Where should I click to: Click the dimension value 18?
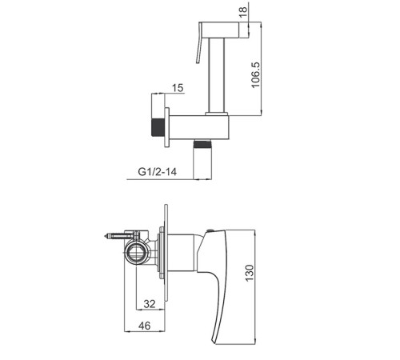pyautogui.click(x=243, y=12)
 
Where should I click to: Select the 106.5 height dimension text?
pyautogui.click(x=255, y=75)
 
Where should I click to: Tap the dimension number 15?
pyautogui.click(x=178, y=88)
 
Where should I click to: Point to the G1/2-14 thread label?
pyautogui.click(x=158, y=171)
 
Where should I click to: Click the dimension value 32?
pyautogui.click(x=150, y=304)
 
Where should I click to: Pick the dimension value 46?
pyautogui.click(x=144, y=326)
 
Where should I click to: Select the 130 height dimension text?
pyautogui.click(x=249, y=273)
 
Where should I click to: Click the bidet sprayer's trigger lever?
pyautogui.click(x=198, y=44)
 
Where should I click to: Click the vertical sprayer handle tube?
pyautogui.click(x=217, y=75)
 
